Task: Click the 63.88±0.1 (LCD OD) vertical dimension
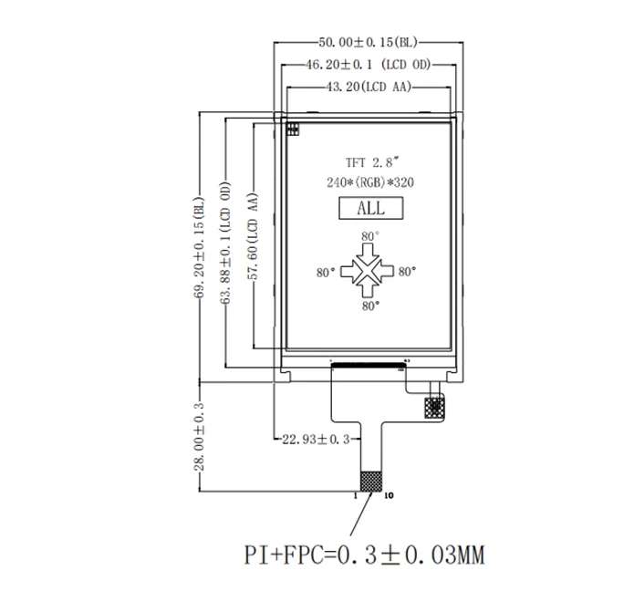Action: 225,241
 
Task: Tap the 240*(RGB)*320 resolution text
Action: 369,182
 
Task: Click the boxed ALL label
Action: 370,209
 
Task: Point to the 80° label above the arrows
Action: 369,236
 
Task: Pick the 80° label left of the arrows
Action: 327,272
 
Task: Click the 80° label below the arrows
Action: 369,307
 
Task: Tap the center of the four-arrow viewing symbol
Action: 369,272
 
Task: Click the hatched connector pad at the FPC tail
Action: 371,482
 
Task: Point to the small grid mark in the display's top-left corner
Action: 294,129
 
